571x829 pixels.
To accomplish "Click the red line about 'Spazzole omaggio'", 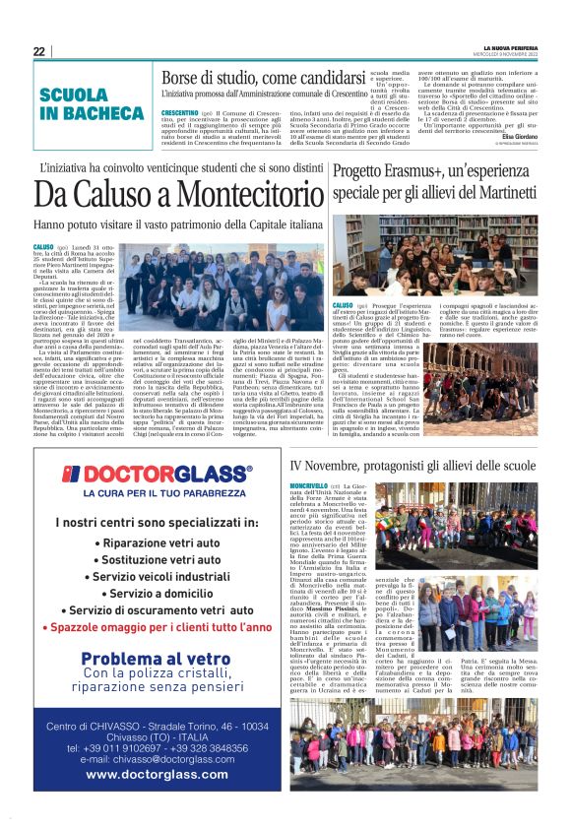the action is (x=162, y=626).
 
